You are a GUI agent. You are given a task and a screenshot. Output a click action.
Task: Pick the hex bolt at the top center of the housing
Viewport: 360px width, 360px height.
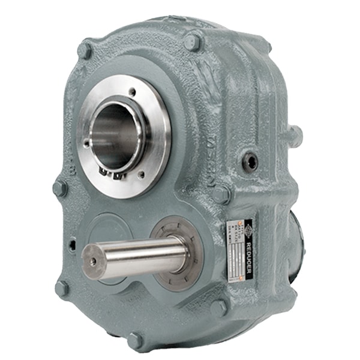192,42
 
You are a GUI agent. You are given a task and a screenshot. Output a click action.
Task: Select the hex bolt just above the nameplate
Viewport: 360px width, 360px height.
221,193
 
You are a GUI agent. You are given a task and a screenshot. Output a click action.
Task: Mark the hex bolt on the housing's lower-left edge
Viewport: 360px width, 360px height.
61,288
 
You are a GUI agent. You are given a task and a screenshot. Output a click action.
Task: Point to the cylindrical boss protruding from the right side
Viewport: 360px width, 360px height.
292,135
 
